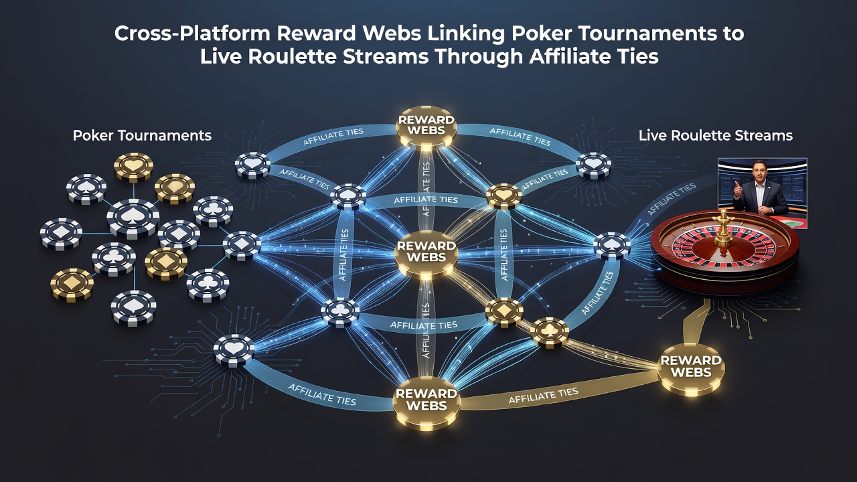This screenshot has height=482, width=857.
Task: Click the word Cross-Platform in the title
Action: coord(192,33)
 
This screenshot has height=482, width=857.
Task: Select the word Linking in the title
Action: coord(467,34)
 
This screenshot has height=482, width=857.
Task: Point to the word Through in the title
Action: coord(479,58)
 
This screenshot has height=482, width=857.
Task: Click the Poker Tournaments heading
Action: coord(142,135)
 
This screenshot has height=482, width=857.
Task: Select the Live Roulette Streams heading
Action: coord(716,135)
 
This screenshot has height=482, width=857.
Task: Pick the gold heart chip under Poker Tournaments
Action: coord(133,167)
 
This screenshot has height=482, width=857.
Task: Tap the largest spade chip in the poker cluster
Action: coord(133,219)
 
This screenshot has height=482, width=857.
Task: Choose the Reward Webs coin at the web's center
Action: coord(426,254)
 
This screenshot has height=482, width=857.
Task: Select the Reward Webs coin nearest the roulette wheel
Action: coord(691,369)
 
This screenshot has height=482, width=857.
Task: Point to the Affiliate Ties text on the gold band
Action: coord(543,396)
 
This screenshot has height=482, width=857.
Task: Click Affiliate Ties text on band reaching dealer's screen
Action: coord(672,199)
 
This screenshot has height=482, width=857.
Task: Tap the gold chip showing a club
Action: coord(549,332)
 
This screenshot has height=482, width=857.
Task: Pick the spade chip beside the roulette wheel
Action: coord(612,246)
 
